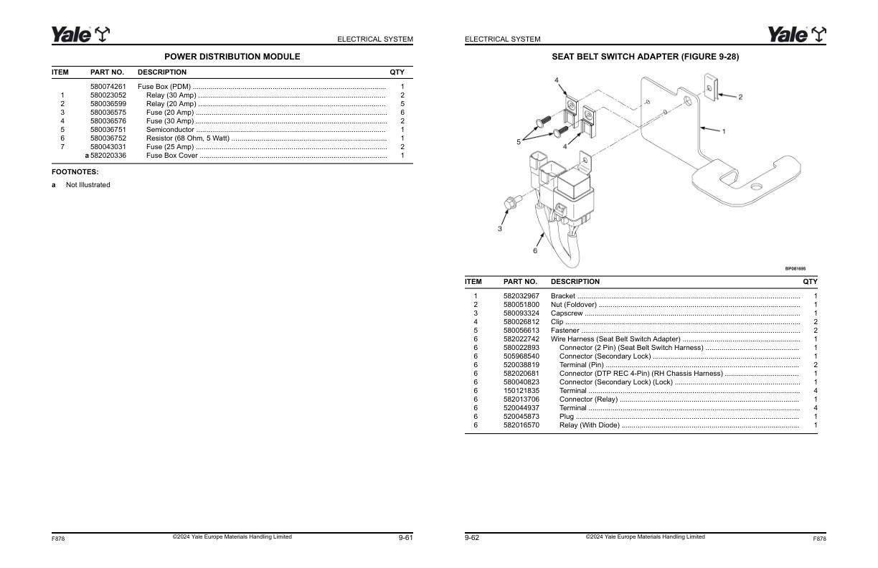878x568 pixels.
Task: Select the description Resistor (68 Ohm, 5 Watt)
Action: click(187, 138)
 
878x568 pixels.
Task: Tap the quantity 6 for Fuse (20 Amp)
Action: click(402, 113)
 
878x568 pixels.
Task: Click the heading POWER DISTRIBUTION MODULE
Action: click(232, 57)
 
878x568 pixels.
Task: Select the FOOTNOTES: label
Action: click(75, 172)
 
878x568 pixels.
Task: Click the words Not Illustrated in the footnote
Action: click(88, 185)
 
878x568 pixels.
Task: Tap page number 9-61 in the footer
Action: click(406, 538)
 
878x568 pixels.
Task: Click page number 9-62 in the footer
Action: click(472, 538)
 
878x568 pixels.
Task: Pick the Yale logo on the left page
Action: click(80, 34)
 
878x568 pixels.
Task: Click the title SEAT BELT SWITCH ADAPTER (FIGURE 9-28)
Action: click(645, 57)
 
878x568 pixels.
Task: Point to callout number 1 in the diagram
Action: click(724, 132)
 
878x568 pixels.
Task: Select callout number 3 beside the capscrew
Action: click(499, 229)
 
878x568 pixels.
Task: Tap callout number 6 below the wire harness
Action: click(534, 251)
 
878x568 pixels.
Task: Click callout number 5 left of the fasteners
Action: click(519, 142)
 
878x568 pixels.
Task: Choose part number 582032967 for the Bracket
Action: click(521, 296)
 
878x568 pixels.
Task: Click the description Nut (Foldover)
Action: click(573, 305)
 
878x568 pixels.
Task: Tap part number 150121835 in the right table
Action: click(521, 391)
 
